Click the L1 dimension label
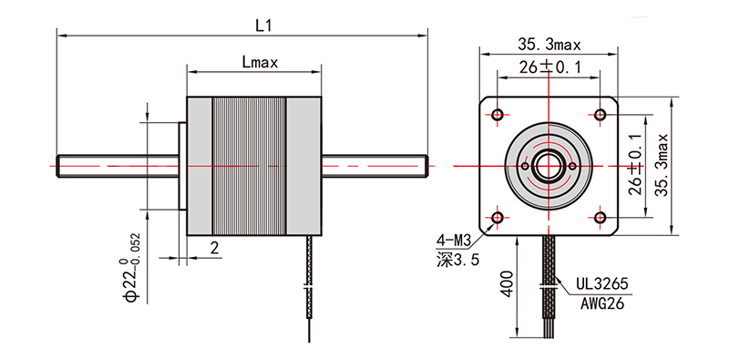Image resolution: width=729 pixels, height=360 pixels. [263, 26]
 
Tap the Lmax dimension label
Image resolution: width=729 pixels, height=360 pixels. [260, 62]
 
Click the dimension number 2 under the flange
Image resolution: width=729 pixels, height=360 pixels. [214, 248]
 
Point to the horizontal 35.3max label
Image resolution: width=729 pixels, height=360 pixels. [549, 45]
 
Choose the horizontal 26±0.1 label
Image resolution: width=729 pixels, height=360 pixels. [550, 68]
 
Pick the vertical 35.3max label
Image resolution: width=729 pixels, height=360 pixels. [662, 165]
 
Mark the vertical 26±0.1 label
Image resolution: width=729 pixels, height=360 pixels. [635, 165]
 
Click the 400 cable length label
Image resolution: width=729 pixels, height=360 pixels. [508, 283]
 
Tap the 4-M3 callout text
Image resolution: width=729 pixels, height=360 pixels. [454, 241]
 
